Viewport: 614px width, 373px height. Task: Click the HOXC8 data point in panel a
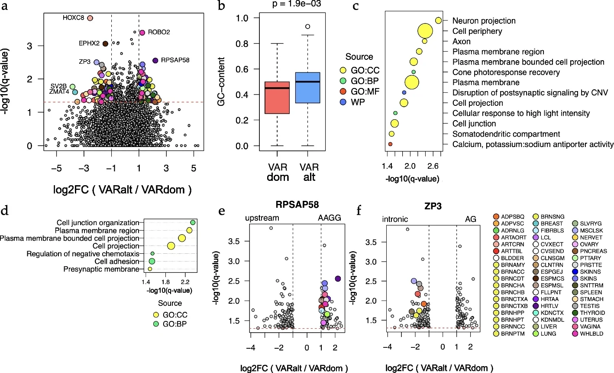pyautogui.click(x=90, y=18)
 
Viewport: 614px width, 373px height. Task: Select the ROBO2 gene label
pyautogui.click(x=158, y=33)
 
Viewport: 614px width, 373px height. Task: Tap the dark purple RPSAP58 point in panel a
pyautogui.click(x=155, y=60)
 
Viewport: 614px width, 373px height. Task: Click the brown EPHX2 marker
pyautogui.click(x=105, y=43)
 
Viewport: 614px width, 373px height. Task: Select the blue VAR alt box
pyautogui.click(x=307, y=88)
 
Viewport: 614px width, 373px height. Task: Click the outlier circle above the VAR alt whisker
pyautogui.click(x=307, y=26)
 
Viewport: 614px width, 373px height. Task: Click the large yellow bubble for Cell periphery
pyautogui.click(x=425, y=31)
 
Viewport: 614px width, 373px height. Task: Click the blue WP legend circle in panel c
pyautogui.click(x=343, y=102)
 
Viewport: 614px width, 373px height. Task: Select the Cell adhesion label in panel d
pyautogui.click(x=117, y=262)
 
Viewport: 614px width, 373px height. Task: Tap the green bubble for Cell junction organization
pyautogui.click(x=193, y=222)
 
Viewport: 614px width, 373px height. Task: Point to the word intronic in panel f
pyautogui.click(x=395, y=219)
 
